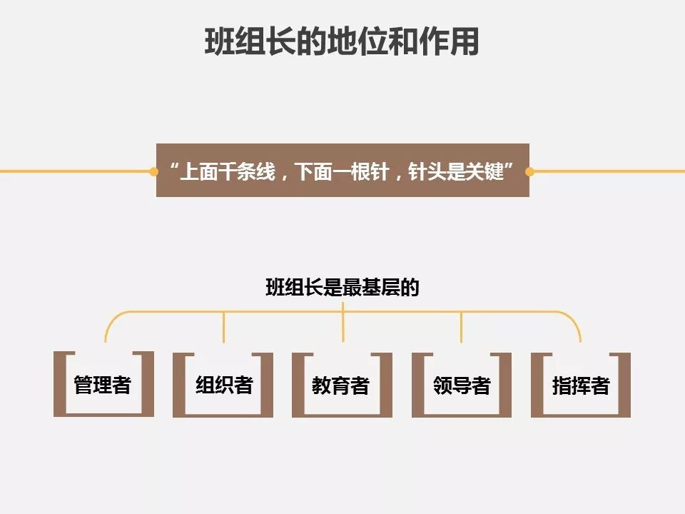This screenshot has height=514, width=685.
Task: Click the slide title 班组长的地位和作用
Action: (x=342, y=42)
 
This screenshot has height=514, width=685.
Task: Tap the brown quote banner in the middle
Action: (x=342, y=171)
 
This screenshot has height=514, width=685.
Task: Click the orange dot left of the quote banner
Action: (x=153, y=171)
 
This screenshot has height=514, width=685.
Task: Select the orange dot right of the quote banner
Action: (x=529, y=171)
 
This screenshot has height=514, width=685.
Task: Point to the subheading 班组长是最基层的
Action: (x=342, y=288)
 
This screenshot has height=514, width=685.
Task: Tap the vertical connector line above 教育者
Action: (x=343, y=325)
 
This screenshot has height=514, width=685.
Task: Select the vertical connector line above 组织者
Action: (x=224, y=327)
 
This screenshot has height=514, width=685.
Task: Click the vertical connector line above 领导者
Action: (x=462, y=327)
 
